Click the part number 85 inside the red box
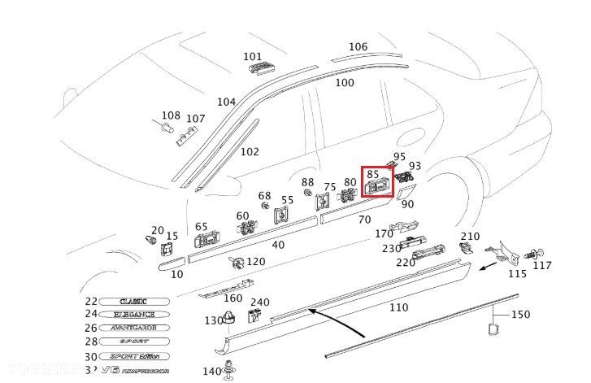point(374,173)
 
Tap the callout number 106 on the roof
point(359,47)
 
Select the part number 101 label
point(253,57)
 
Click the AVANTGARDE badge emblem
point(137,328)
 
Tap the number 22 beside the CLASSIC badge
point(90,301)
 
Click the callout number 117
point(542,265)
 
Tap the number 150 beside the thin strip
point(519,314)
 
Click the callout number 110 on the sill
point(398,307)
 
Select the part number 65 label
point(201,227)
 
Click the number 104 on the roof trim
point(226,102)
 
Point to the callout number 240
point(259,302)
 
